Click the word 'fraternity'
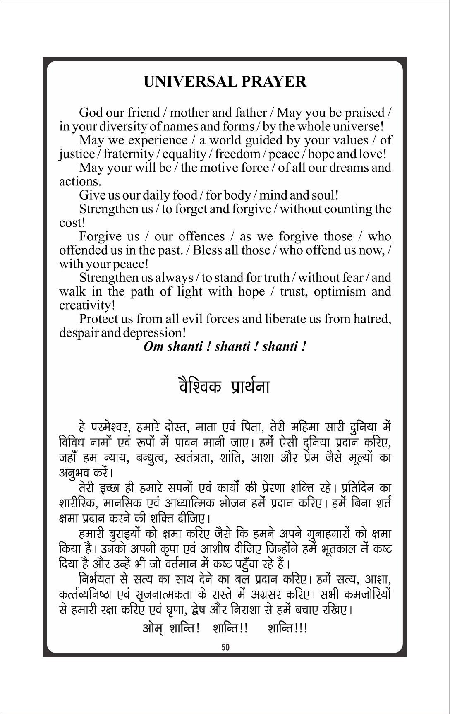pyautogui.click(x=129, y=154)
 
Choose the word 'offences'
pyautogui.click(x=201, y=236)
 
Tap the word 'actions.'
pyautogui.click(x=80, y=181)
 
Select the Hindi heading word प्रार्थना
pyautogui.click(x=249, y=387)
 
